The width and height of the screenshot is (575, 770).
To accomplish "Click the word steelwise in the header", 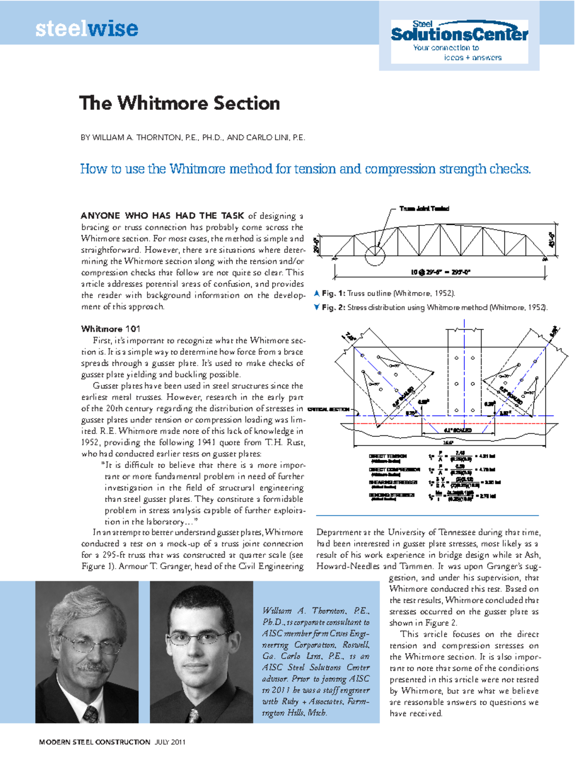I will point(86,29).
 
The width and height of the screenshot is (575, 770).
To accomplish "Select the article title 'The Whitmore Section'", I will point(180,103).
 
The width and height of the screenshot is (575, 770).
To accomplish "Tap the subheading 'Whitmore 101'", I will point(111,329).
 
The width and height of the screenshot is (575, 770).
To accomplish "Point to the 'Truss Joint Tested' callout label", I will point(424,209).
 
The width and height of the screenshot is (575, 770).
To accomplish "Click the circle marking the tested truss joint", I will point(375,255).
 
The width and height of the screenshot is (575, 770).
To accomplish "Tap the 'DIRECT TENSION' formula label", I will point(388,456).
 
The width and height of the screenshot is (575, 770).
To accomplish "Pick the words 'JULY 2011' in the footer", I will point(170,742).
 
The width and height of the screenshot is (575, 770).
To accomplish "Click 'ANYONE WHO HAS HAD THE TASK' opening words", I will point(162,216).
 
